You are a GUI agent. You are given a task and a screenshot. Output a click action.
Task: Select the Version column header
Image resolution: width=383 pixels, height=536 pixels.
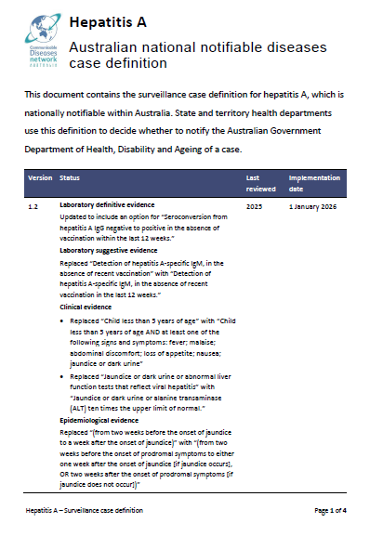[40, 176]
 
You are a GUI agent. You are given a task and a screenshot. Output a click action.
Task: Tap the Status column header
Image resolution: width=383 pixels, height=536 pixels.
[70, 176]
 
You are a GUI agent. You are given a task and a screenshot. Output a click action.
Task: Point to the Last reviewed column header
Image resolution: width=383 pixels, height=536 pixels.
[258, 181]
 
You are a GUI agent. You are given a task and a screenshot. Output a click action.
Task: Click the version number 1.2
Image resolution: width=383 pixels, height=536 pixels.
[33, 203]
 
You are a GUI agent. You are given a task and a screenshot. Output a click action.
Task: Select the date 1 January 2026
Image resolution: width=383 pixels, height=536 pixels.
[315, 203]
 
